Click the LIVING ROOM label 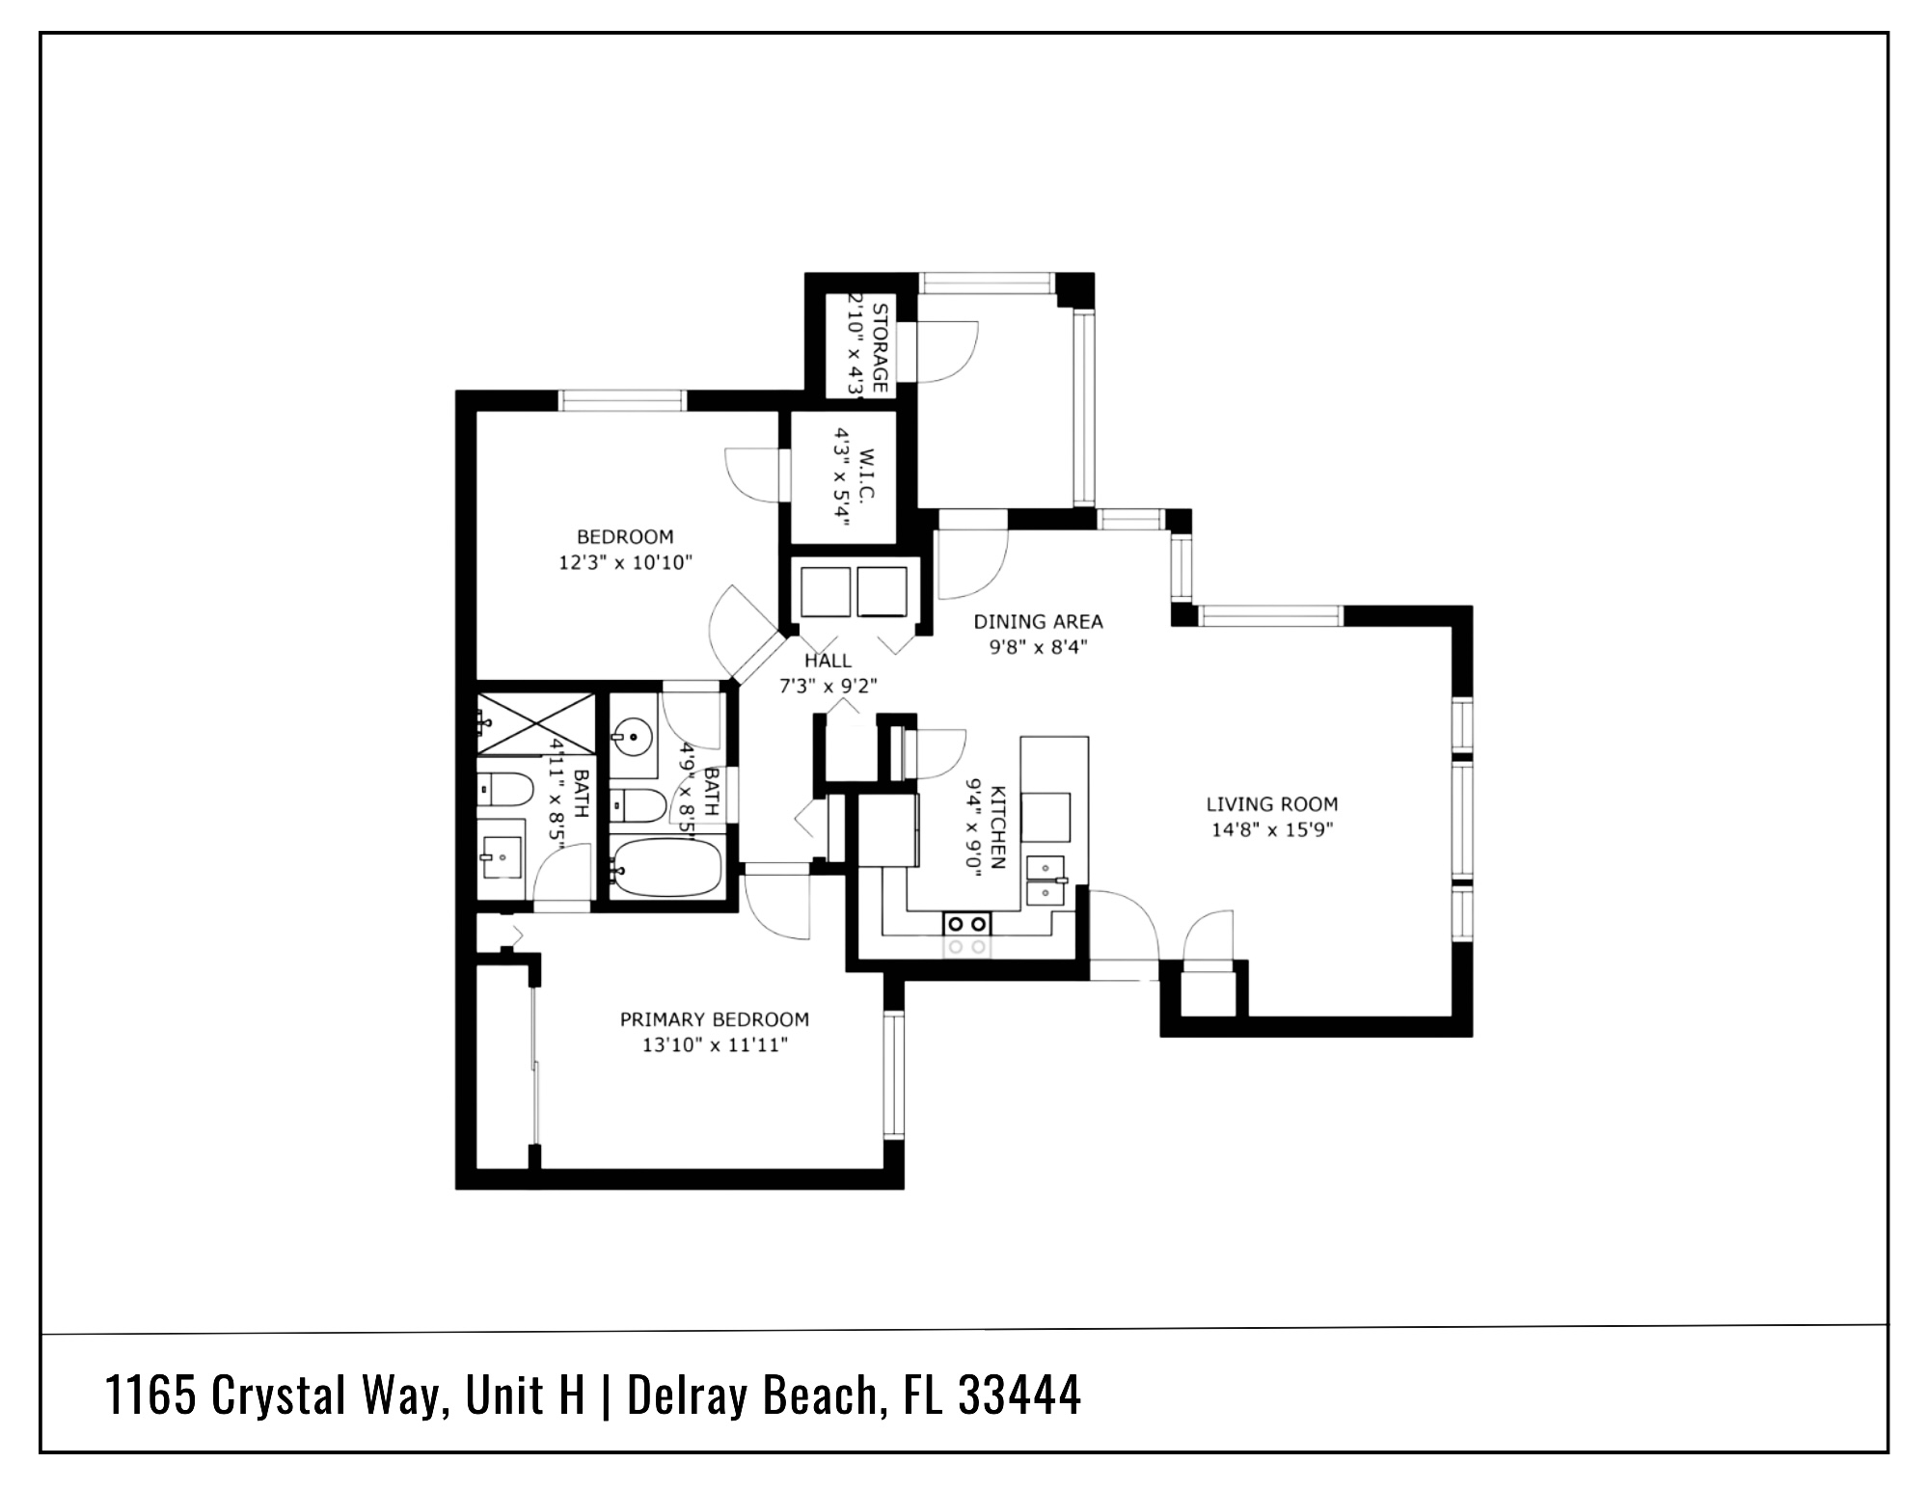click(x=1271, y=803)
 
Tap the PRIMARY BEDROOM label click(x=714, y=1019)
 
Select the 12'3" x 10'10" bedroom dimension click(x=625, y=562)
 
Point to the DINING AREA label click(x=1038, y=622)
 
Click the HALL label click(x=828, y=661)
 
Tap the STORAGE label click(x=879, y=347)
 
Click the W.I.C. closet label click(x=865, y=473)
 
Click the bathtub click(x=666, y=866)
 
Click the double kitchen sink click(x=1046, y=880)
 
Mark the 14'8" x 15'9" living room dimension click(x=1271, y=829)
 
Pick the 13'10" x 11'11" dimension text click(x=714, y=1045)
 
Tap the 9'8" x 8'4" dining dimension click(x=1038, y=648)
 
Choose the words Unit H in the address click(x=526, y=1395)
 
